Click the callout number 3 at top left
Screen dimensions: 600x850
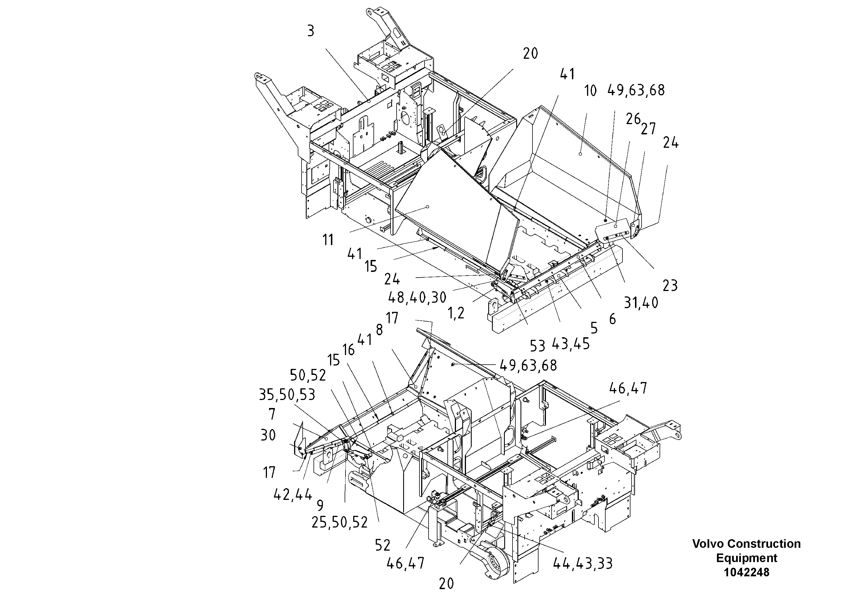[311, 31]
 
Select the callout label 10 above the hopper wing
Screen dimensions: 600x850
[590, 91]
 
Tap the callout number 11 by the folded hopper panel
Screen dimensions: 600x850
[328, 240]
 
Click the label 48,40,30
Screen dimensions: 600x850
[417, 297]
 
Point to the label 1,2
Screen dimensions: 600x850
[456, 314]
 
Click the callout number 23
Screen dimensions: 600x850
[670, 286]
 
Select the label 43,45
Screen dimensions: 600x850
[570, 344]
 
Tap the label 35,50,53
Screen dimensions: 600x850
[287, 395]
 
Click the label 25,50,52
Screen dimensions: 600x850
[339, 523]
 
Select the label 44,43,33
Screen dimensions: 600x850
[583, 564]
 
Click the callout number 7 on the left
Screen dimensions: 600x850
[272, 414]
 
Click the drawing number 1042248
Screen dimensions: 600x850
[746, 572]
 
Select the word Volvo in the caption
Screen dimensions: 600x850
[708, 544]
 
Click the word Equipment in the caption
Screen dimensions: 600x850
[746, 558]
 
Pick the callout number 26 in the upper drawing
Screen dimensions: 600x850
[633, 119]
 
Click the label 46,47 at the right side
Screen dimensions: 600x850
[628, 388]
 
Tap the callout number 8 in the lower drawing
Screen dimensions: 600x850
[379, 330]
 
